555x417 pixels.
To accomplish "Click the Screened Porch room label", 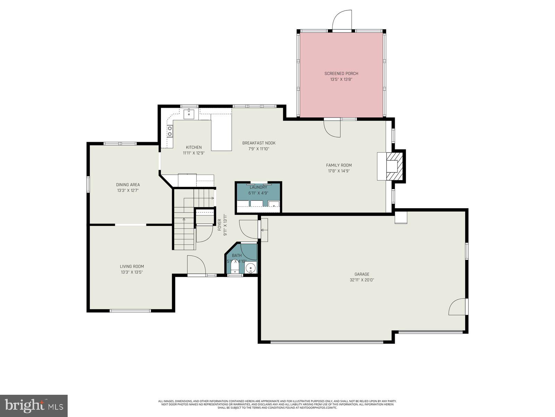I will pos(341,73).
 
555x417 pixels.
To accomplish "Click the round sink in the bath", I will pos(250,268).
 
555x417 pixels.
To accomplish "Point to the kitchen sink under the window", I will pos(189,114).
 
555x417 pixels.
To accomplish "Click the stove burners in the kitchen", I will pos(170,131).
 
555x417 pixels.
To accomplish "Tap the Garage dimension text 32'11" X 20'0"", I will pos(362,280).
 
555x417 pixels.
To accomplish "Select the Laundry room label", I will pos(258,187).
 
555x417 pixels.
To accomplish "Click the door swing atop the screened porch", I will pos(342,21).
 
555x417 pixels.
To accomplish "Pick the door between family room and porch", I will pos(332,128).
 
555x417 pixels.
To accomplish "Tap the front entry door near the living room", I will pos(196,266).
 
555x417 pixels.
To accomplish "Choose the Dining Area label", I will pos(128,185).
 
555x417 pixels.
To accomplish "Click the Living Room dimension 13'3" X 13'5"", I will pos(132,272).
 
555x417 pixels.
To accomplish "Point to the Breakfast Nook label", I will pos(259,143).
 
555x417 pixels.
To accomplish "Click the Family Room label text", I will pos(339,165).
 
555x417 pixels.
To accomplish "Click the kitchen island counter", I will pos(221,134).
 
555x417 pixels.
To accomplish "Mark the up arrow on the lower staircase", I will pos(184,220).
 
